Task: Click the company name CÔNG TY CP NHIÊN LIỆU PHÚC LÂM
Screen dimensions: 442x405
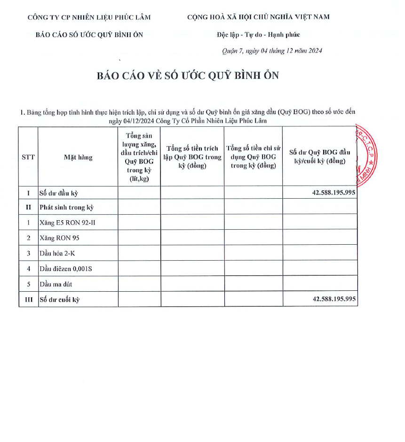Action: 89,17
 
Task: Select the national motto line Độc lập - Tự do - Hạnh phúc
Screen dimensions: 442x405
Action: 258,34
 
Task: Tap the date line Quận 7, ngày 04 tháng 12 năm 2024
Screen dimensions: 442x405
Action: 272,51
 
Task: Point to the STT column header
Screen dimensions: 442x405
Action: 28,157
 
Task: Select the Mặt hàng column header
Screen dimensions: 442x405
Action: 78,157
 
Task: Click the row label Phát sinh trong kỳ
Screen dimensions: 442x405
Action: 67,207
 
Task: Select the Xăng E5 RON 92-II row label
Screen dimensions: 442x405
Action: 68,223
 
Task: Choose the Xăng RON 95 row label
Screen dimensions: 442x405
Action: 60,238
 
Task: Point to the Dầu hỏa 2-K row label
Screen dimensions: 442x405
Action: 57,254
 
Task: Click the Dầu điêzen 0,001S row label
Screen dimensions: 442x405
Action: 66,269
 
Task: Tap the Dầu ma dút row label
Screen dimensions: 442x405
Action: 56,284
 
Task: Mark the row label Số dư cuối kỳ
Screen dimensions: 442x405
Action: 59,300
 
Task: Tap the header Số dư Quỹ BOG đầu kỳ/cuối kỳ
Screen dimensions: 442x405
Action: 320,156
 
